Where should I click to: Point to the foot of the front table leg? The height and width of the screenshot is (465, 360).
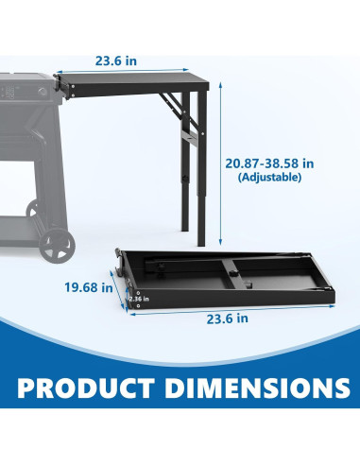[201, 242]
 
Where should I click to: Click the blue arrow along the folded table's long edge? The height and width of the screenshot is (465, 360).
[227, 309]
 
